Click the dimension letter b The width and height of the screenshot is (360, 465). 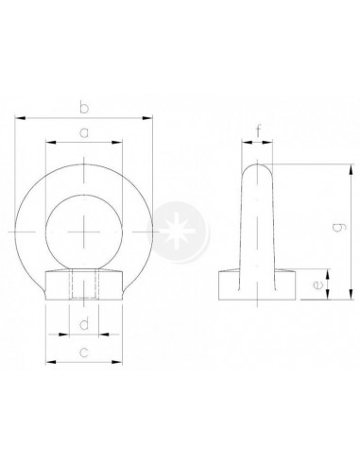[84, 108]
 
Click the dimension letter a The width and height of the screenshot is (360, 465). [84, 132]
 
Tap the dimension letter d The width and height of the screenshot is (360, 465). [84, 323]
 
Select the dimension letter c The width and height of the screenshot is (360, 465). [84, 353]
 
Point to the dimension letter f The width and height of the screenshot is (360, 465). [258, 130]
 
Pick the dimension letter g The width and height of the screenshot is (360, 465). [339, 227]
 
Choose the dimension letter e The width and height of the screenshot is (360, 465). [317, 284]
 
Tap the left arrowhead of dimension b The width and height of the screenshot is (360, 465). [20, 118]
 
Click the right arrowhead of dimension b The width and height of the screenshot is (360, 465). [147, 118]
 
